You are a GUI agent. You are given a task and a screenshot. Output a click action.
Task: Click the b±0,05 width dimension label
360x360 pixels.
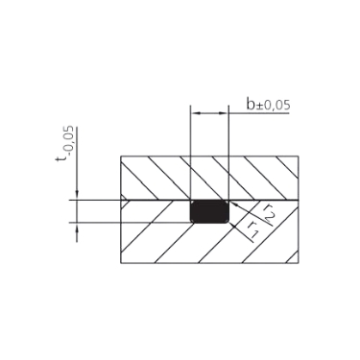tap(268, 105)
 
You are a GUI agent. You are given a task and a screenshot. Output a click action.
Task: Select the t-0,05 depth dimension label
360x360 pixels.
tap(66, 144)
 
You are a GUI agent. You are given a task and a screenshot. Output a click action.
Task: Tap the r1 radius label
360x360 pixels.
tap(252, 229)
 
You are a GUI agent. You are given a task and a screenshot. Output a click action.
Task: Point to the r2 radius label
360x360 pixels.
tap(269, 214)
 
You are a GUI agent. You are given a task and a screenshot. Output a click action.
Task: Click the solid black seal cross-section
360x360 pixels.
tap(209, 211)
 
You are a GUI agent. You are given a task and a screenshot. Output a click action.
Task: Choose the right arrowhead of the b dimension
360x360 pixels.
tap(224, 113)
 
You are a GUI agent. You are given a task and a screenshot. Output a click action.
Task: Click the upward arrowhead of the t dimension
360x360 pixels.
tap(77, 228)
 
